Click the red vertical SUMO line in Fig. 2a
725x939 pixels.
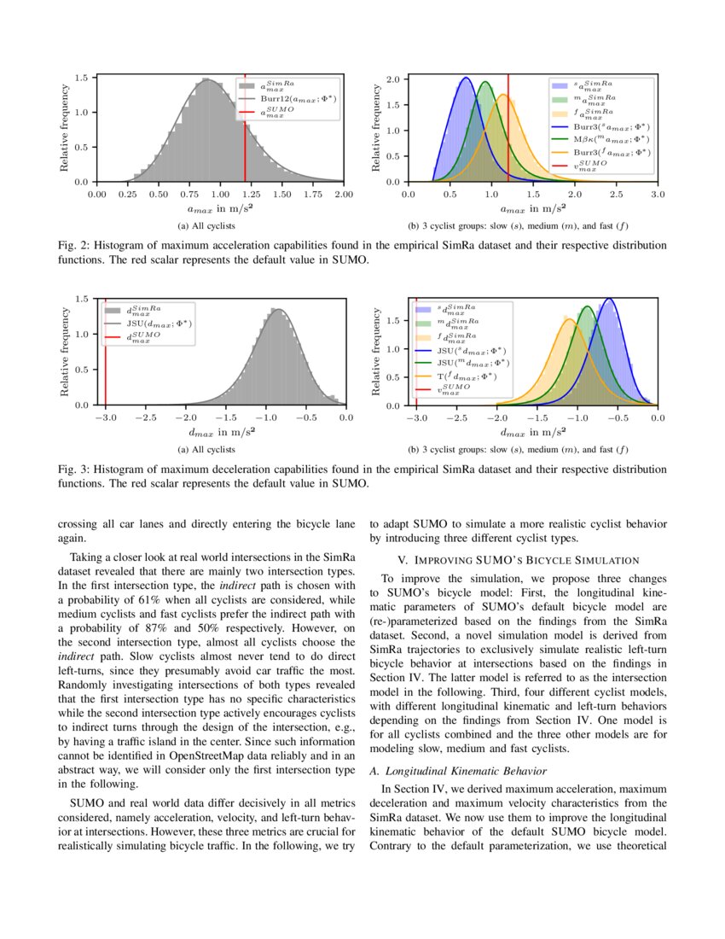tap(246, 137)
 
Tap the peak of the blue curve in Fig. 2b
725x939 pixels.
tap(466, 78)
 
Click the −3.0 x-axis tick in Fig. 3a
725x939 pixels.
tap(105, 418)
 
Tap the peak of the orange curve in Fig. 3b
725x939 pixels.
tap(568, 318)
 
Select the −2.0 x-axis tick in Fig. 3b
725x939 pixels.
tap(496, 418)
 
